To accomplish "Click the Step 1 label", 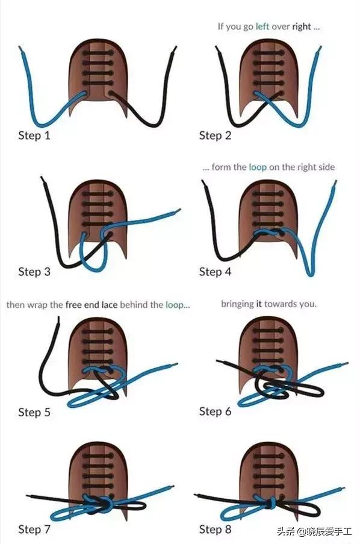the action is (x=34, y=135).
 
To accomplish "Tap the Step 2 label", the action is (x=215, y=135).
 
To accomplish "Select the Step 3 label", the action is (x=34, y=272).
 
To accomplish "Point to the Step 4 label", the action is (x=215, y=272).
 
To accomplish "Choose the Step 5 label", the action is (x=34, y=412).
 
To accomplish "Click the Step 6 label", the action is (x=215, y=411).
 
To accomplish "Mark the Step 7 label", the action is (x=34, y=530).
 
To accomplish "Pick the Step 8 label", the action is (x=215, y=530).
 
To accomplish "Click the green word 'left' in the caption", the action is (x=262, y=27).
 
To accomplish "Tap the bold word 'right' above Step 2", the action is (x=302, y=27).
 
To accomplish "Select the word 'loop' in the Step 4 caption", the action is (x=258, y=167).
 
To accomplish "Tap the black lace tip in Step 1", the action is (x=176, y=47).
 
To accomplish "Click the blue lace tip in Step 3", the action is (x=179, y=210).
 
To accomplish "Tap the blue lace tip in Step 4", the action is (x=335, y=181).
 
